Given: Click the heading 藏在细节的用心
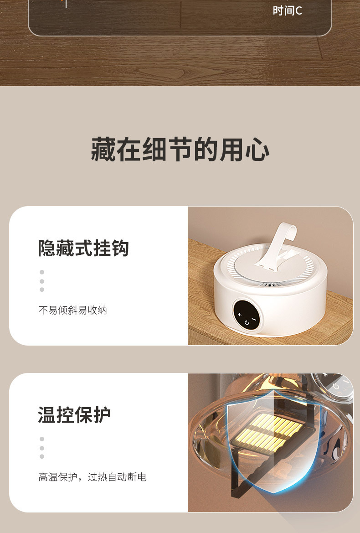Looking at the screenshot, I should pos(180,150).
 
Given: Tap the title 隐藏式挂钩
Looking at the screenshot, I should pos(83,248).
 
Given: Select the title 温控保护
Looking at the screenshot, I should pos(74,415).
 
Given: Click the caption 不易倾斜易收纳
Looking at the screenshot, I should pos(72,310).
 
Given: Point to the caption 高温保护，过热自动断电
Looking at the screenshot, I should pos(93,477).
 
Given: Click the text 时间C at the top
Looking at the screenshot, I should pos(287,10).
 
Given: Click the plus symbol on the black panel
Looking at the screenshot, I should pos(240,314).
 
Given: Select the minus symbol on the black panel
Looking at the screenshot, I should pos(254,320).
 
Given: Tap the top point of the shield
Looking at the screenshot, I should pos(272,391).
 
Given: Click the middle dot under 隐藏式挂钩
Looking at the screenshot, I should pos(42,281).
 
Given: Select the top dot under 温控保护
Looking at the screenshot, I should pos(42,439).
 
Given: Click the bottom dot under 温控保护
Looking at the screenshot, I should pos(42,456).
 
